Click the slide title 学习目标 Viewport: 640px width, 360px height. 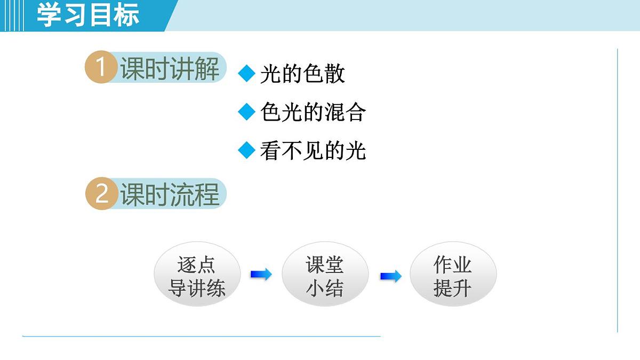[x=88, y=15]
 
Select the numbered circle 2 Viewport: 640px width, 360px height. [x=101, y=194]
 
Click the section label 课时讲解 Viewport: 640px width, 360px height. [x=170, y=69]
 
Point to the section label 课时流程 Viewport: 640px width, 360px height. [x=170, y=194]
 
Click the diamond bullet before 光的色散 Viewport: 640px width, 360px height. [x=247, y=74]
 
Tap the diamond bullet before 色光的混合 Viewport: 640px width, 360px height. [x=247, y=112]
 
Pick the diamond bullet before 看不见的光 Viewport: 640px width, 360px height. [x=247, y=150]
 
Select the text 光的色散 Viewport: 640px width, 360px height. [x=302, y=74]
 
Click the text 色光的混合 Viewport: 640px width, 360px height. [x=313, y=113]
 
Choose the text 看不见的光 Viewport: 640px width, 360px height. [x=313, y=151]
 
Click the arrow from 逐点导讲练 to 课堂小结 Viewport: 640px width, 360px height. [x=261, y=274]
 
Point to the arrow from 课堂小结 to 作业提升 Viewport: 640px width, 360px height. [x=391, y=276]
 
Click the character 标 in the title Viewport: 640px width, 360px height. [x=127, y=15]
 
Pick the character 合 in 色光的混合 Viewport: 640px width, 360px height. [x=356, y=113]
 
